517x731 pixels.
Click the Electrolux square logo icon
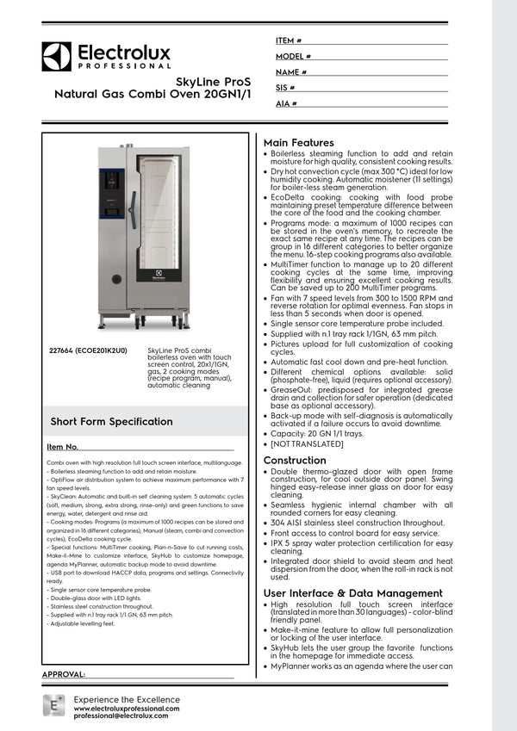click(56, 56)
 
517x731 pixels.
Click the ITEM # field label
click(288, 40)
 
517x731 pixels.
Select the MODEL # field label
click(292, 56)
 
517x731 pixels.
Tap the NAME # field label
click(290, 72)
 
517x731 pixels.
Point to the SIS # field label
click(285, 88)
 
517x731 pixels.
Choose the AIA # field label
click(286, 103)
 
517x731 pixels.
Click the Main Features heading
click(298, 142)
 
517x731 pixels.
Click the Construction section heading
click(295, 461)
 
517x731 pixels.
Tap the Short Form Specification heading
click(111, 422)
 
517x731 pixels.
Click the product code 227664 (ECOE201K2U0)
click(89, 351)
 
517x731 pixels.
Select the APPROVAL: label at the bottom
click(64, 674)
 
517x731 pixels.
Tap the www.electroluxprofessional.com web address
click(127, 708)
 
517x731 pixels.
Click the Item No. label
click(62, 447)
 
